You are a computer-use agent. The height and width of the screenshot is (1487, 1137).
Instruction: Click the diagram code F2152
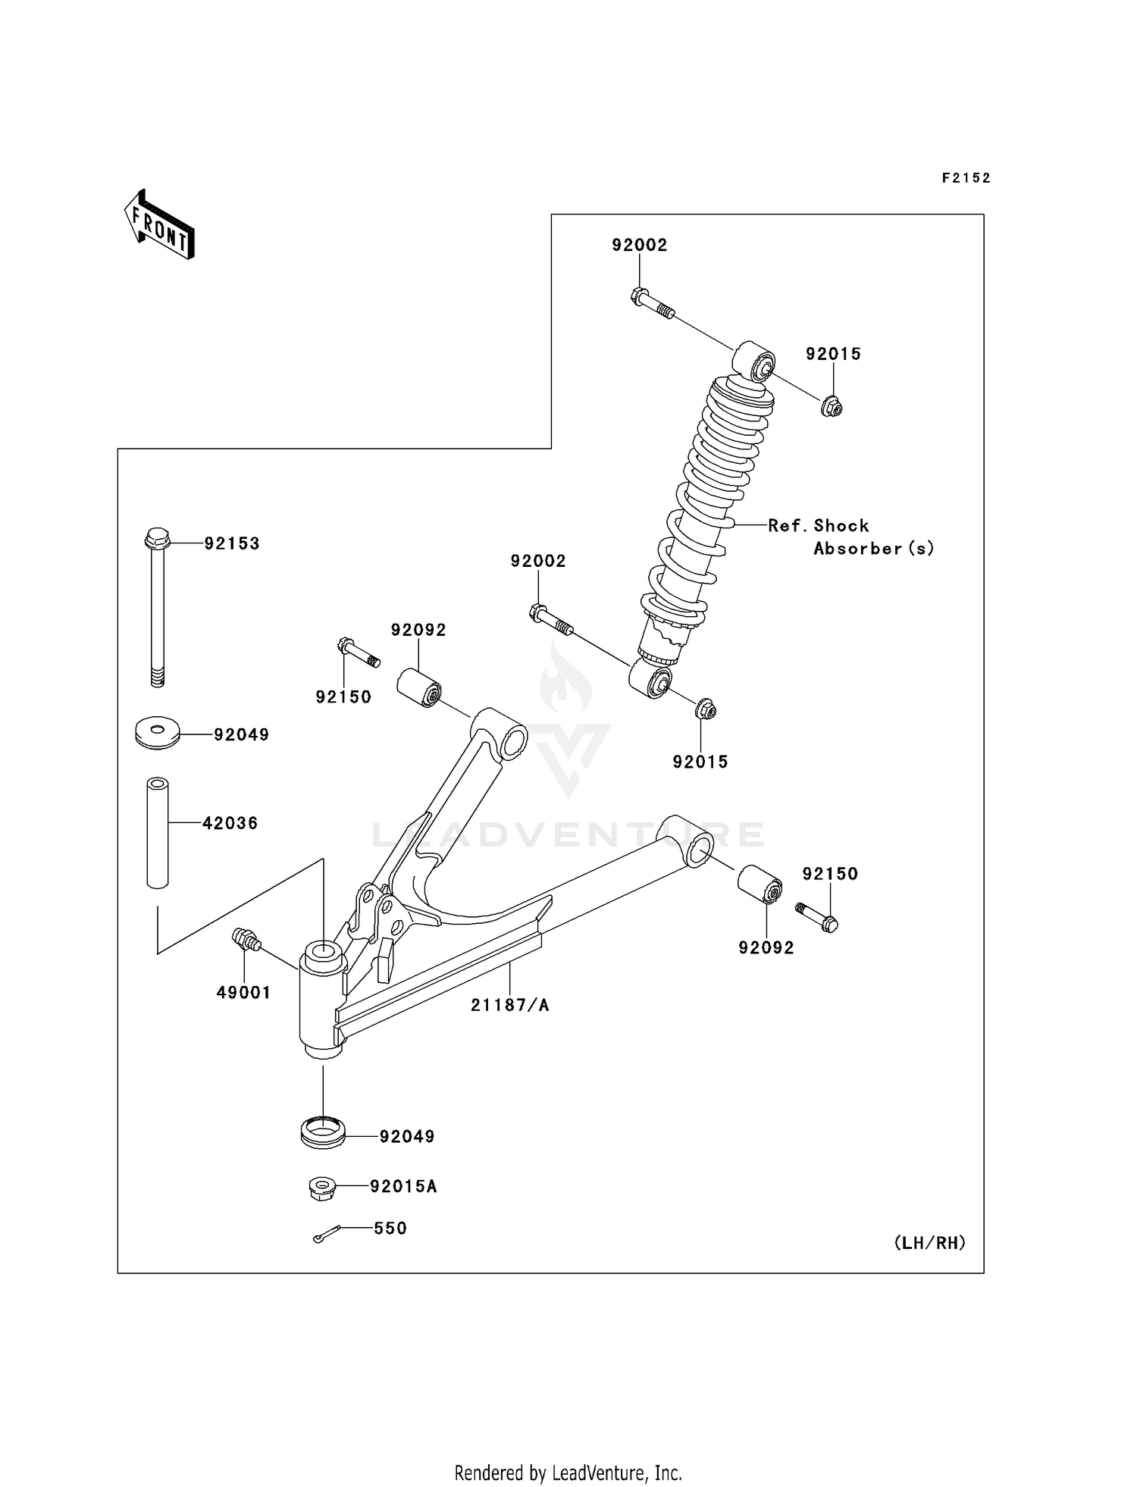(966, 178)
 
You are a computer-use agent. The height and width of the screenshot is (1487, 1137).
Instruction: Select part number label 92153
(232, 543)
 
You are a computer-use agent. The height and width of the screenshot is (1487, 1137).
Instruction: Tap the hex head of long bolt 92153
(157, 539)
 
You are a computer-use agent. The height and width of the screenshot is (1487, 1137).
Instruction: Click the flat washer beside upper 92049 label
(157, 732)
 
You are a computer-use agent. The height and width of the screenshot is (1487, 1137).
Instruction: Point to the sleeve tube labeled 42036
(157, 832)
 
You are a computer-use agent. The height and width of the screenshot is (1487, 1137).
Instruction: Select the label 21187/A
(509, 1005)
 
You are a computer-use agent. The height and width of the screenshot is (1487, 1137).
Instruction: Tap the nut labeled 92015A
(322, 1188)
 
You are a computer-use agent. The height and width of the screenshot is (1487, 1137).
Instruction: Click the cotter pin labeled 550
(326, 1235)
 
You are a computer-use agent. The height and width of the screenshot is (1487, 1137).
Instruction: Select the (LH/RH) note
(929, 1243)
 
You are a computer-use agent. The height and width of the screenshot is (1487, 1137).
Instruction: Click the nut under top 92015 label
(832, 408)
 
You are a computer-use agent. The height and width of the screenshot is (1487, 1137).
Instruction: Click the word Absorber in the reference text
(857, 549)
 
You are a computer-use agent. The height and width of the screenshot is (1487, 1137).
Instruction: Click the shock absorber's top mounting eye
(755, 361)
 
